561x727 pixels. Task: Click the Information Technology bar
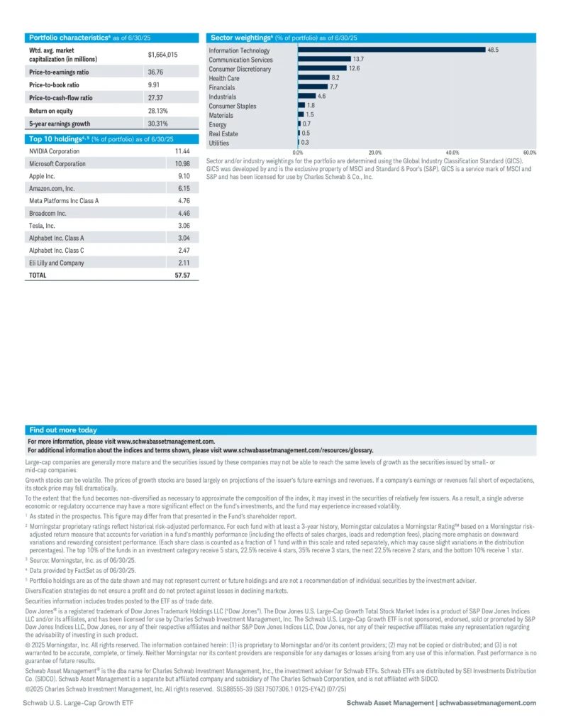(391, 50)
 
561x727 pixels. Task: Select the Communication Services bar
(324, 60)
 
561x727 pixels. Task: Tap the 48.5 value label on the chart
(493, 50)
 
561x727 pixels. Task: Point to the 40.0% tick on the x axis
(452, 153)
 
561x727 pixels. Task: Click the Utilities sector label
(218, 143)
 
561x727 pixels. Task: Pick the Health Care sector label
(223, 78)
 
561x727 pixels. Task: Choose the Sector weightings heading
(284, 37)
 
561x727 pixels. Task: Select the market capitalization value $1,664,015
(162, 55)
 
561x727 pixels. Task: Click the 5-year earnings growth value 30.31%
(157, 124)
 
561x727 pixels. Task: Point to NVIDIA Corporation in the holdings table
(54, 151)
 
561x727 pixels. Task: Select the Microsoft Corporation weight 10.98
(182, 164)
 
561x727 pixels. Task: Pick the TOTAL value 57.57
(182, 275)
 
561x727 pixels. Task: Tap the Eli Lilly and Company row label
(56, 263)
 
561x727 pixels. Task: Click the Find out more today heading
(63, 430)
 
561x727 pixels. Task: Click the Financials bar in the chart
(313, 87)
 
